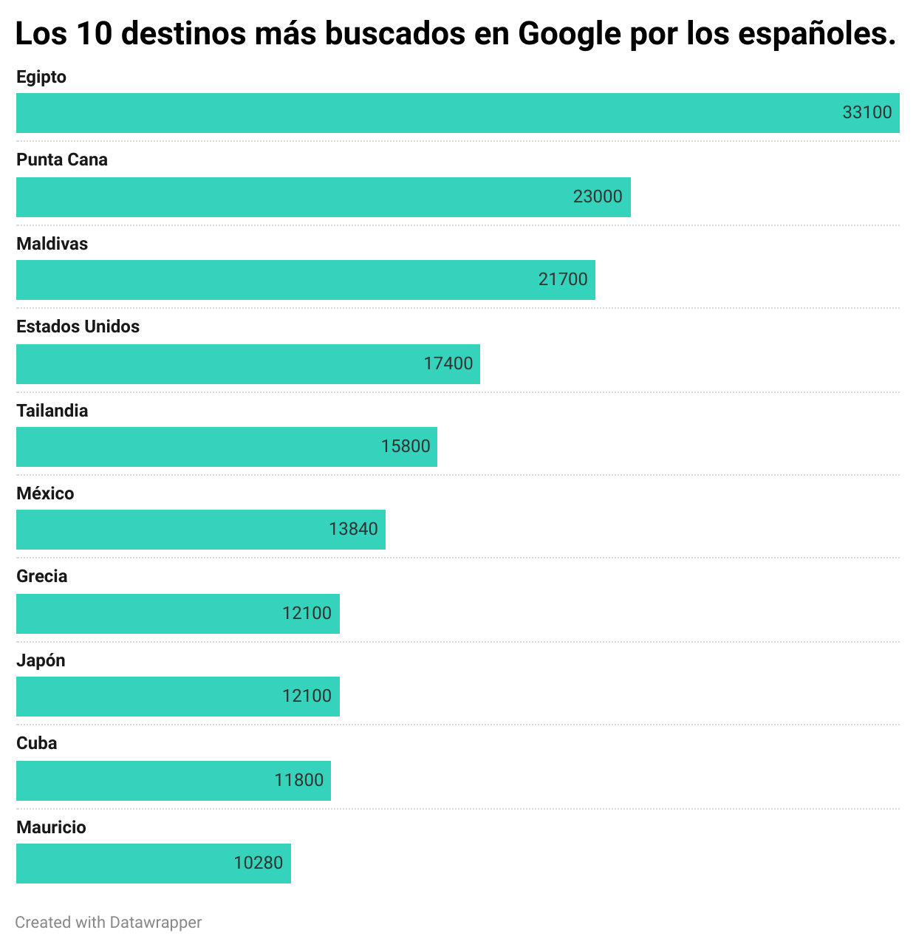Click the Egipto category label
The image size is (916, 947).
coord(41,77)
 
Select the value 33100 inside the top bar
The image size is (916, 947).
coord(867,112)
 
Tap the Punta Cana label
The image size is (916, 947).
coord(62,160)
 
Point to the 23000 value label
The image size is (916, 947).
coord(597,196)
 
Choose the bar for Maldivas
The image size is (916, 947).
coord(305,280)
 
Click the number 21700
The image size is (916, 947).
coord(562,279)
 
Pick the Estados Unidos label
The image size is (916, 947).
coord(78,327)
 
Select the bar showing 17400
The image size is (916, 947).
coord(247,364)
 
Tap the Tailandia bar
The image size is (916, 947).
coord(226,447)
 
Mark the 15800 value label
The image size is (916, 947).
coord(405,446)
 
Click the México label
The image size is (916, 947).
coord(45,493)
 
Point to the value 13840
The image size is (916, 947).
coord(352,529)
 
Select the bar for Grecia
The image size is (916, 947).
coord(177,614)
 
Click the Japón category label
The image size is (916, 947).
coord(41,660)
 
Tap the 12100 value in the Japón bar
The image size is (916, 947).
coord(306,696)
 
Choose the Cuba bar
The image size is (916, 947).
coord(173,781)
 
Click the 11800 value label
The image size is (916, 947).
coord(298,780)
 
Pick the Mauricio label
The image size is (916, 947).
coord(51,827)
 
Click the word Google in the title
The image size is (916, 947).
coord(569,34)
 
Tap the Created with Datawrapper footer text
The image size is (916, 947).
coord(108,922)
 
